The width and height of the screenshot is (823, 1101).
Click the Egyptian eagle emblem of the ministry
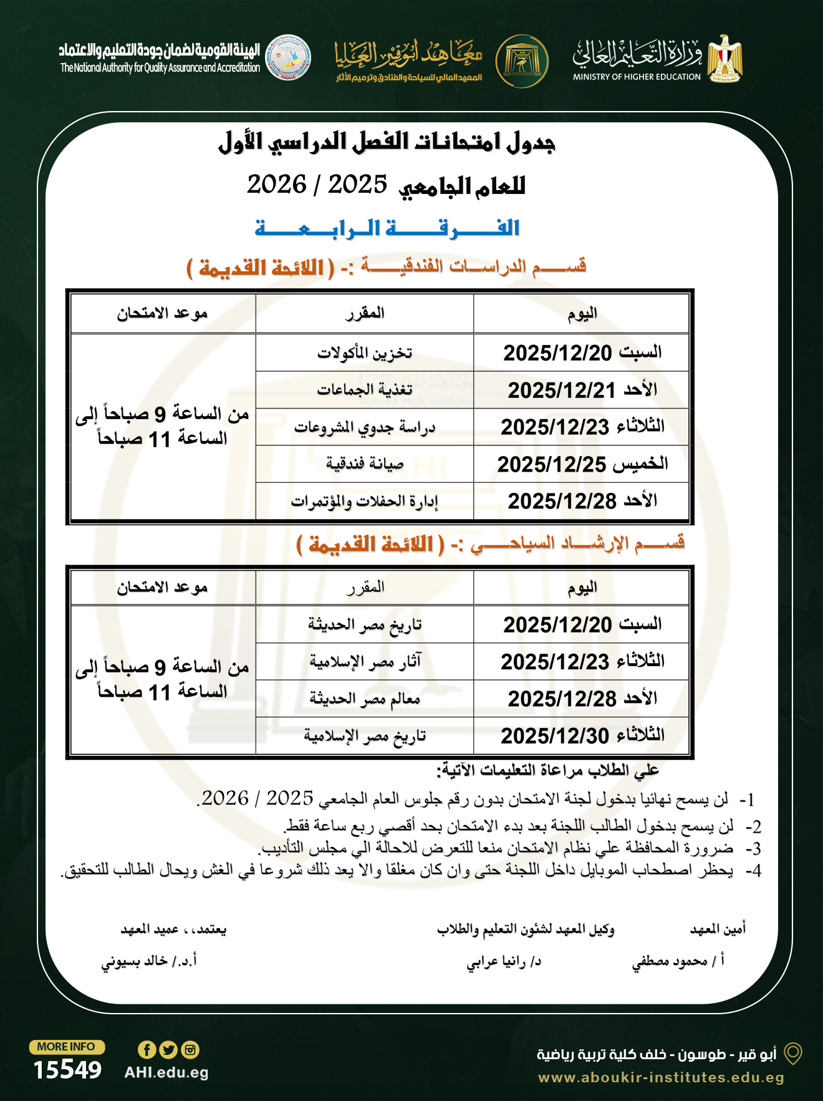725,59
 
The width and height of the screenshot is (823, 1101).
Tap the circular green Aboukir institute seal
522,61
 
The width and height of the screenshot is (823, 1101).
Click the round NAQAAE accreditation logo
288,57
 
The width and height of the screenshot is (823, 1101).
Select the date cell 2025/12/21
582,390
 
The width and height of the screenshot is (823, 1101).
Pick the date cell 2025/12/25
582,464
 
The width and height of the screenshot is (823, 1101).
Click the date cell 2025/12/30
582,735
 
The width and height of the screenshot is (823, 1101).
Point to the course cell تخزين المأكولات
365,353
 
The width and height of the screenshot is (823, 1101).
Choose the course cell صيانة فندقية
365,464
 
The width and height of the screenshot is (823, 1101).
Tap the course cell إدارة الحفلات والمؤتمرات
365,501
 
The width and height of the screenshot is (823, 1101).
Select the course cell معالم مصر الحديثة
365,699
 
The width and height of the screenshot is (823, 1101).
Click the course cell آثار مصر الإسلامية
365,661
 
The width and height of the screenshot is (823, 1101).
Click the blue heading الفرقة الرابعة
387,228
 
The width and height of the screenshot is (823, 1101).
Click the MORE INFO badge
66,1047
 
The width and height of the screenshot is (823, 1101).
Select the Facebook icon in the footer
147,1050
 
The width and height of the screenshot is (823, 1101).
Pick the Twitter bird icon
168,1050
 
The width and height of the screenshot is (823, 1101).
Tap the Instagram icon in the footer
190,1050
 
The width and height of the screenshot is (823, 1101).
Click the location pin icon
792,1054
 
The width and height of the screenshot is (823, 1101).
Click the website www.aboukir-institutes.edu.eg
661,1077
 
